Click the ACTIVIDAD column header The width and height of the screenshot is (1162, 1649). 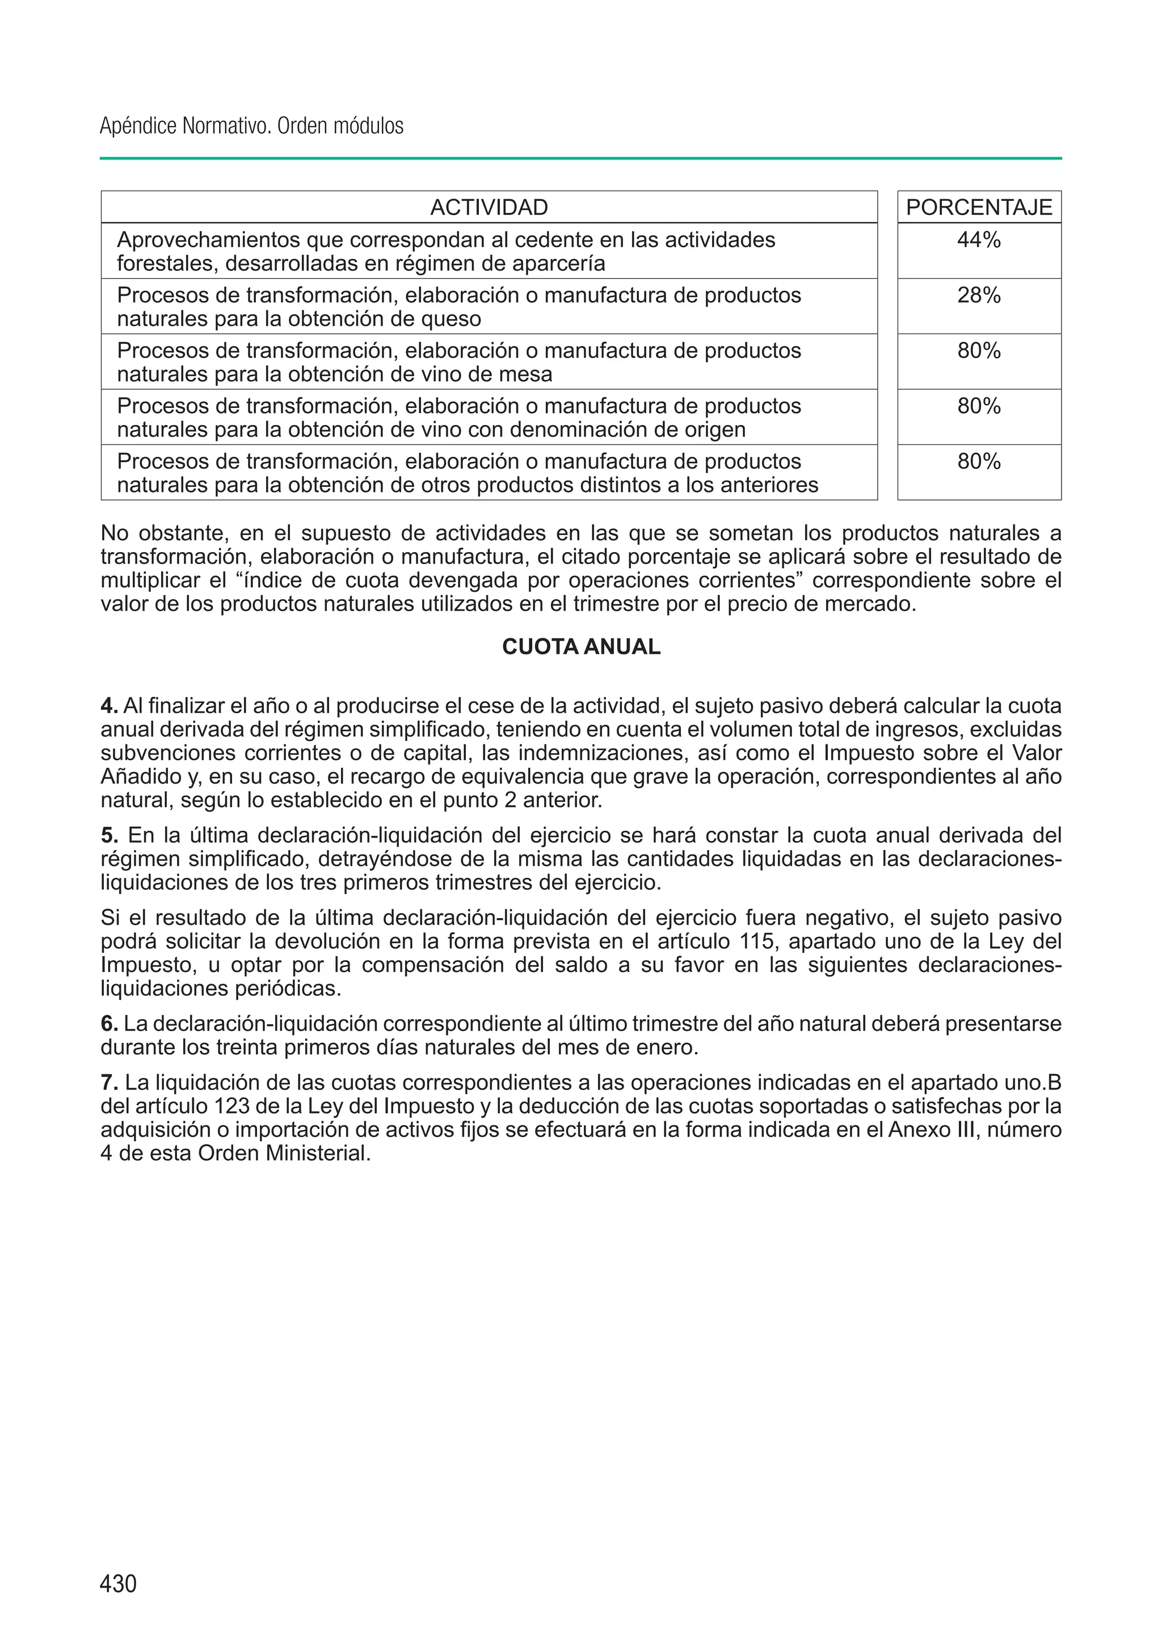click(x=489, y=208)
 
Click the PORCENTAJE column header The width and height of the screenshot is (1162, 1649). click(x=979, y=208)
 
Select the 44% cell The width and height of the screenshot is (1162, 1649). click(x=979, y=240)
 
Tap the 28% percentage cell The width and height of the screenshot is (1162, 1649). click(x=979, y=295)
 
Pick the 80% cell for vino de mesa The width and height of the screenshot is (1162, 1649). click(x=979, y=351)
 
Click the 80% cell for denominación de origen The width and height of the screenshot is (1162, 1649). click(x=979, y=406)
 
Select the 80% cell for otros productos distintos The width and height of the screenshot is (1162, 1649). click(x=979, y=461)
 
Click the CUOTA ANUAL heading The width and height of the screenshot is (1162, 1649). click(x=581, y=647)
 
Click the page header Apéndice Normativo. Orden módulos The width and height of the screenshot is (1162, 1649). click(x=251, y=127)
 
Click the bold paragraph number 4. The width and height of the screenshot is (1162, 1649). click(x=108, y=706)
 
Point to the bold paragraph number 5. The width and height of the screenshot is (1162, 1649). click(x=108, y=835)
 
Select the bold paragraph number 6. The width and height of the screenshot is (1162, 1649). click(x=108, y=1024)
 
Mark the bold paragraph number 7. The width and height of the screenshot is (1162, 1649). click(x=108, y=1082)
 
